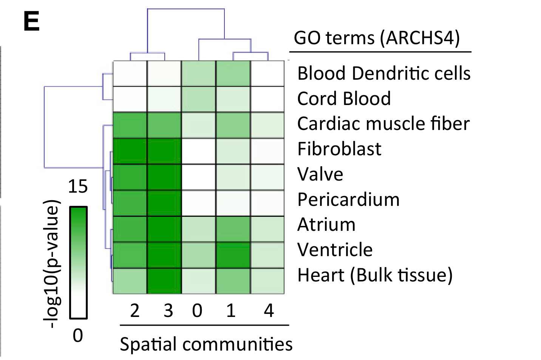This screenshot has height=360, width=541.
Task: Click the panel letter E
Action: coord(31,22)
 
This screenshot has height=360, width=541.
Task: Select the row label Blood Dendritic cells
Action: coord(384,73)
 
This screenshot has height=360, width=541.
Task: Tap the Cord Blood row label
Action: coord(344,99)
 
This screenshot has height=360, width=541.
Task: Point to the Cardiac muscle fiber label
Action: coord(383,124)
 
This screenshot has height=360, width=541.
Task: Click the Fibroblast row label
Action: coord(339,149)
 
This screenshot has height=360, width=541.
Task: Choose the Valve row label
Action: coord(320,174)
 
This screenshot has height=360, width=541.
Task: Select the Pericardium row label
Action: coord(348,199)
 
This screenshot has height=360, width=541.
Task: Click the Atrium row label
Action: coord(326,224)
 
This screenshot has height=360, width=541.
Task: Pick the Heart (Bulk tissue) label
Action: coord(375,275)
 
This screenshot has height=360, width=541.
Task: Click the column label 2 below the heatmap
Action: coord(135,311)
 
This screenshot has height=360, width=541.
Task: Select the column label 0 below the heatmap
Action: coord(197,311)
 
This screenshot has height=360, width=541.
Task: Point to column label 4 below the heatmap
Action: coord(269,311)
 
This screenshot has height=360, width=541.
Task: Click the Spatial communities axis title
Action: coord(206,344)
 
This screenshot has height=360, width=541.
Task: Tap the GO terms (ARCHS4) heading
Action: coord(377,38)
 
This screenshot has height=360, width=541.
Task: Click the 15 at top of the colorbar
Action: coord(77,186)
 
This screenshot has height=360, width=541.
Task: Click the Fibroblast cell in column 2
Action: coord(130,151)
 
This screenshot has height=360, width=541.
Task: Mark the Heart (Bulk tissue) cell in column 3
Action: coord(164,281)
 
